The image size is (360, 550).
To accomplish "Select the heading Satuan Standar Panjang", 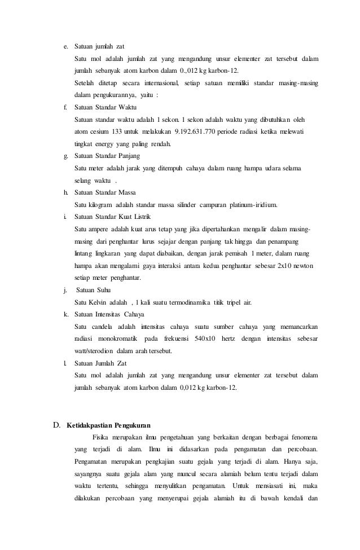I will coord(107,156).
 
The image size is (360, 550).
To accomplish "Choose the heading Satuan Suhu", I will coord(94,290).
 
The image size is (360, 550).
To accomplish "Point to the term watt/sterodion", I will coord(94,351).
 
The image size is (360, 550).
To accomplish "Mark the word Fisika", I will coord(102,437).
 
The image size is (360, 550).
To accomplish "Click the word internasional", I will coord(155,83).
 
